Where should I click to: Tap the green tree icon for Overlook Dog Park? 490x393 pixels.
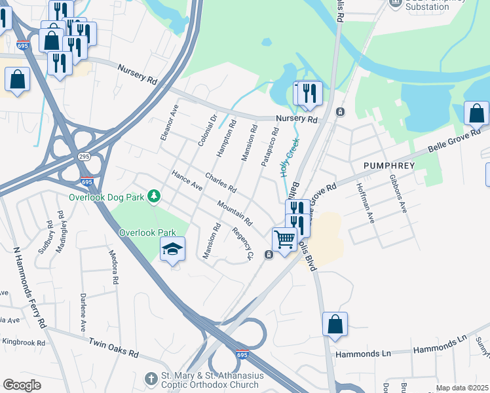click(x=154, y=196)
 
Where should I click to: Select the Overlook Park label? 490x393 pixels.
click(x=148, y=233)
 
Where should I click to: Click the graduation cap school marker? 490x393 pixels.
click(x=172, y=250)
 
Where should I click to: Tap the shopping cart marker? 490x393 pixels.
click(x=284, y=240)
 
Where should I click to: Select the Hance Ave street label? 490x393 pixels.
click(x=187, y=181)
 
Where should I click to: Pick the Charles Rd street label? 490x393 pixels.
click(x=220, y=183)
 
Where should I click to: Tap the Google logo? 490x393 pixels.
click(x=22, y=385)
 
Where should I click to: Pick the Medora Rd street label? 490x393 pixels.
click(x=115, y=269)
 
